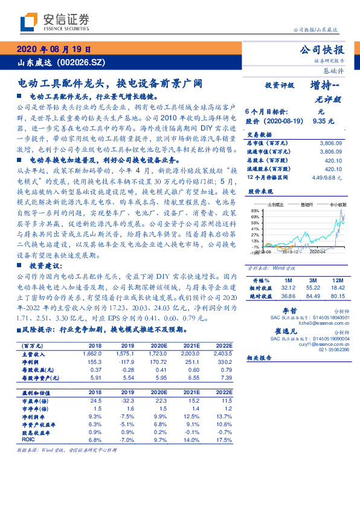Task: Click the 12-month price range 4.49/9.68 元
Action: click(x=327, y=178)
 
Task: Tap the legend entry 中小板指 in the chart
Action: click(x=336, y=205)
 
